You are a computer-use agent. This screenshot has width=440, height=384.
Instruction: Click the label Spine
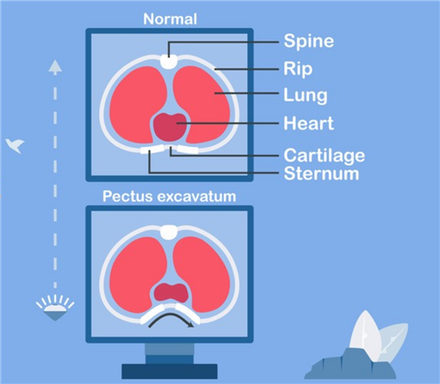point(309,41)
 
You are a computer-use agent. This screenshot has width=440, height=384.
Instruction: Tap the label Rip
point(298,69)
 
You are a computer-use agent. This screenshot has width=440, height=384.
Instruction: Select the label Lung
point(305,95)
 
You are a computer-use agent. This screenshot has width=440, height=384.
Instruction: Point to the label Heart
point(309,123)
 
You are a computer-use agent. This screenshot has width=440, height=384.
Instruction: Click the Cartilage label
point(325,155)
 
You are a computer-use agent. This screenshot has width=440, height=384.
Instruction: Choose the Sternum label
point(321,174)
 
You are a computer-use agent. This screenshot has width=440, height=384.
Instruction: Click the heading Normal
point(170,19)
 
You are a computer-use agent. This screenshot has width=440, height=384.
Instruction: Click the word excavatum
point(196,196)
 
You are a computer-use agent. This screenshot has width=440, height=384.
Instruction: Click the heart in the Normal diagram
point(170,127)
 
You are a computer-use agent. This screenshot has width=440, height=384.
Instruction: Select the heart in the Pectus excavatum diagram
point(171,293)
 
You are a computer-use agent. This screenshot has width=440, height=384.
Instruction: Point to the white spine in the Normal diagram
point(169,62)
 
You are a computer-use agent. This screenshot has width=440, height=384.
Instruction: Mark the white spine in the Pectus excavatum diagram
point(168,232)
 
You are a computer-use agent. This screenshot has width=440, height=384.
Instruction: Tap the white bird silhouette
point(15,145)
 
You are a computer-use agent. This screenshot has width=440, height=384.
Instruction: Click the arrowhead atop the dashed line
point(55,67)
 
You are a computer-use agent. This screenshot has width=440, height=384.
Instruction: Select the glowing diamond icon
point(55,308)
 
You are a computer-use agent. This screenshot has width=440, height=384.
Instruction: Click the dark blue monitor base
point(170,372)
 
